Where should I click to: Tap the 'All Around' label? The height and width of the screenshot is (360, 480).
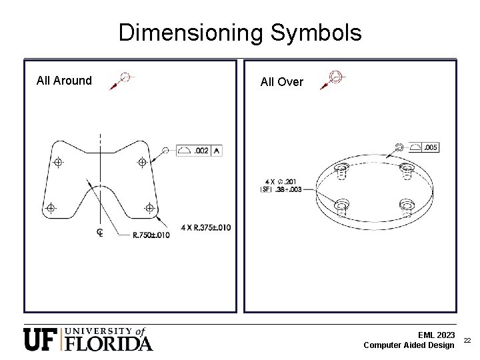point(64,81)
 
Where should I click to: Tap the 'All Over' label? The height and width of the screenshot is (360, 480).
point(281,82)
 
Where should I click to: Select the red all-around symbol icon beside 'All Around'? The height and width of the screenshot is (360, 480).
point(123,80)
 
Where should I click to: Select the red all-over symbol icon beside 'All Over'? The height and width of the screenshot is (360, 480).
point(331,79)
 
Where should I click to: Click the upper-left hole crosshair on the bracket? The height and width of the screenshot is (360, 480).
point(59,163)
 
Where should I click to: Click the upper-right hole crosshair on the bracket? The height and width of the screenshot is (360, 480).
point(142,162)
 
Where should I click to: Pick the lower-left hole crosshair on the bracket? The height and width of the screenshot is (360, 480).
point(50,209)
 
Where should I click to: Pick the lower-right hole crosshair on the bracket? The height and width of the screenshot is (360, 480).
point(149,209)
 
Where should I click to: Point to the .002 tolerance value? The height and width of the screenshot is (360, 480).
point(201,151)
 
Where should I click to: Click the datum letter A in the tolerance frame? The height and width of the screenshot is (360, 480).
point(217,151)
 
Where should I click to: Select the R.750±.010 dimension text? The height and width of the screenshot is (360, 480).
point(151,234)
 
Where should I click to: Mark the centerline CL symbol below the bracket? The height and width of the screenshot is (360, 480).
point(99,232)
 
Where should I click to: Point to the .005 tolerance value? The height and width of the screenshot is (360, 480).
point(430,147)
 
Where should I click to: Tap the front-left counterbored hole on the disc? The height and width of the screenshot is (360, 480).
point(342,203)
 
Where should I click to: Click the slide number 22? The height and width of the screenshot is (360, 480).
point(467,340)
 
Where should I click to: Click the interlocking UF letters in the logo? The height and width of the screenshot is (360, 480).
point(41,339)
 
